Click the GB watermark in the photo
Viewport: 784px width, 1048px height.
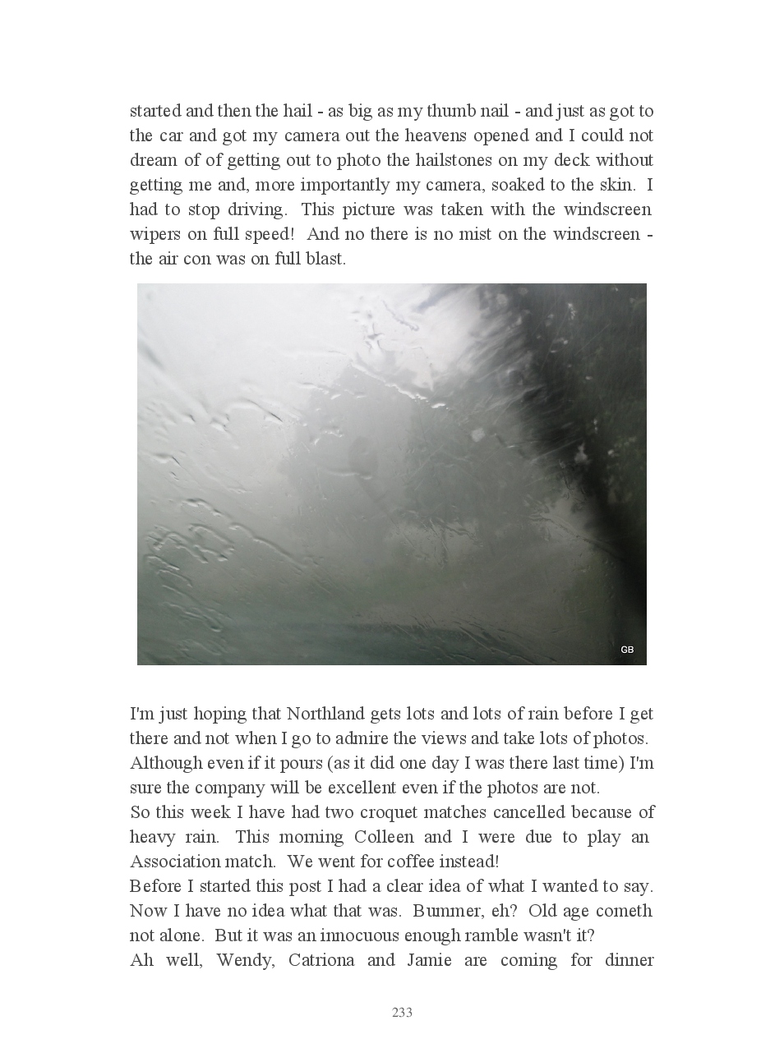(x=627, y=650)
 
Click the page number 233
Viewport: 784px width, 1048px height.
(x=402, y=1013)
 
